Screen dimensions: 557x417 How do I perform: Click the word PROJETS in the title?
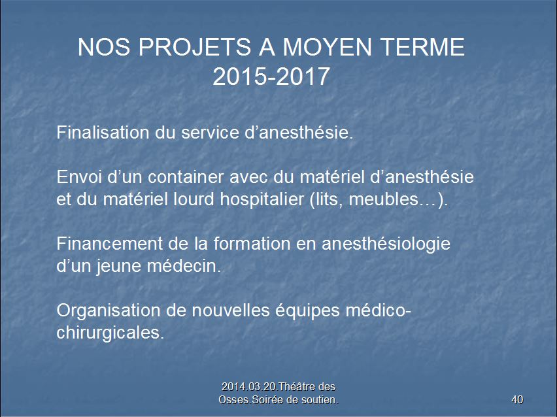195,47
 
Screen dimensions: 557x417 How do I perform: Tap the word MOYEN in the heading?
327,47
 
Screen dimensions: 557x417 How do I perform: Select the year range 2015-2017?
271,76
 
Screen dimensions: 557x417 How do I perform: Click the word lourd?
194,199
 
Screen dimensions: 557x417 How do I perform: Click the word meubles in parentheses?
384,199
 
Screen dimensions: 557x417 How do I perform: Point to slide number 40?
517,399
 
